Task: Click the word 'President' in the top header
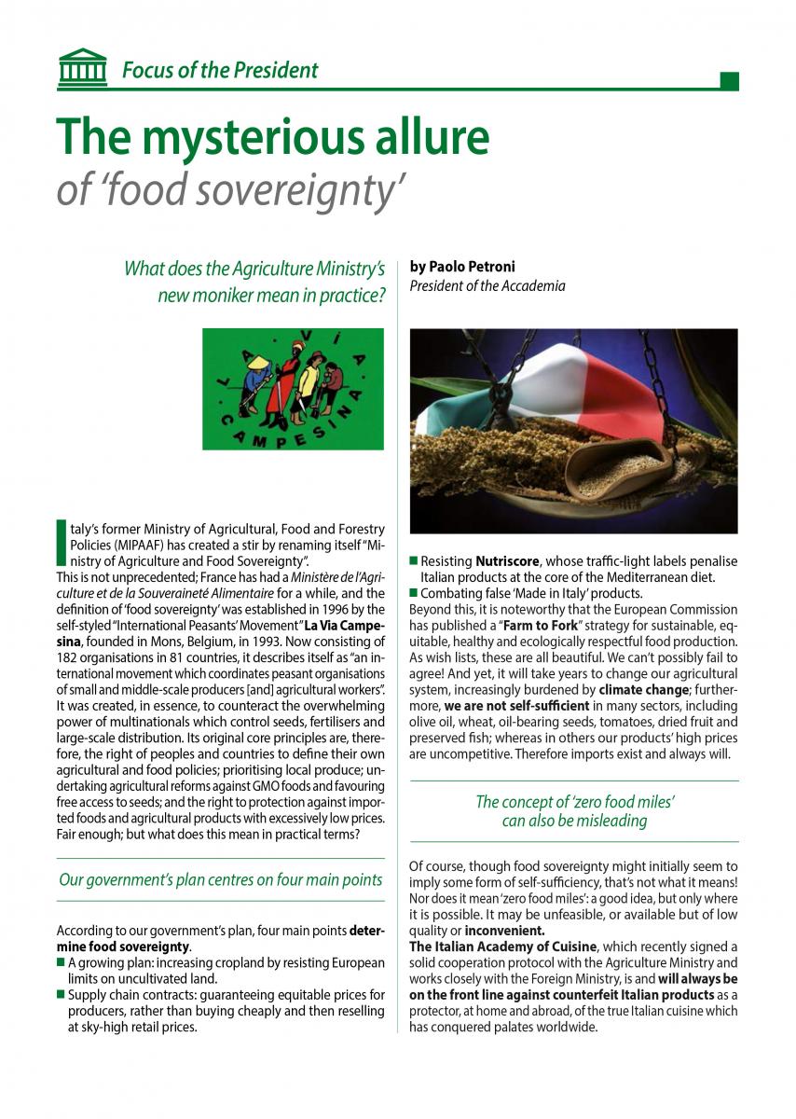click(x=272, y=70)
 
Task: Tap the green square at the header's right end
click(x=730, y=81)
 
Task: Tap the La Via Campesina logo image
click(x=293, y=389)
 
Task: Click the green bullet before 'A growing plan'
click(x=62, y=962)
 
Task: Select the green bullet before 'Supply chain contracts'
click(x=62, y=995)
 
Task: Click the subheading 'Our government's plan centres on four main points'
click(x=221, y=879)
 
